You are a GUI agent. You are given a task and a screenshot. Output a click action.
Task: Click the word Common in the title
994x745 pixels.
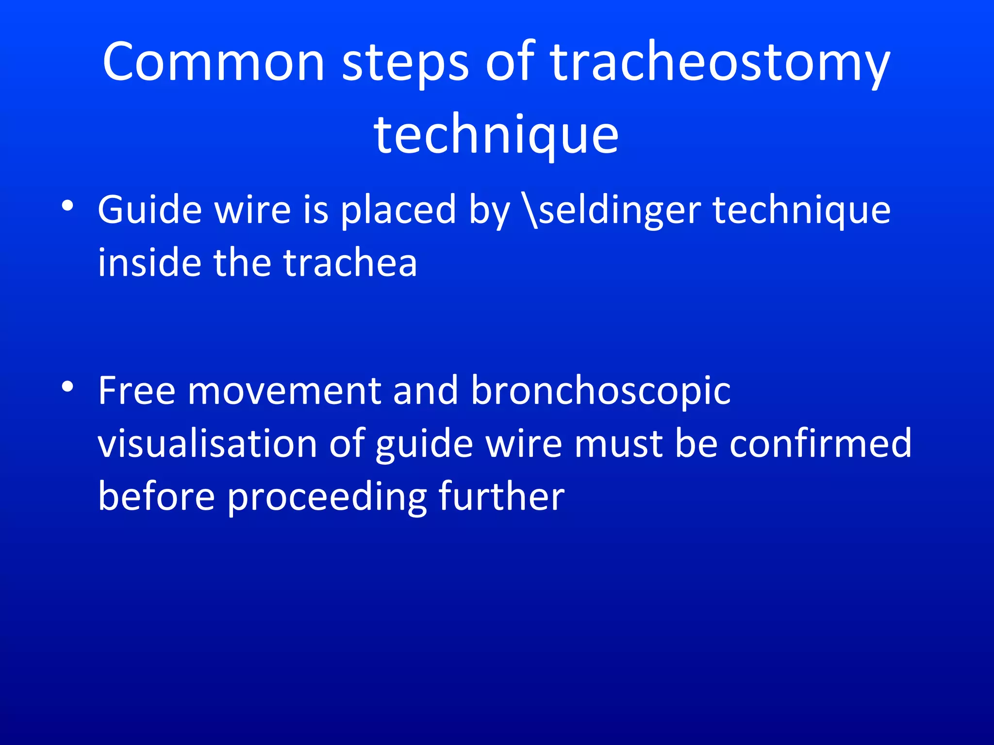pos(213,62)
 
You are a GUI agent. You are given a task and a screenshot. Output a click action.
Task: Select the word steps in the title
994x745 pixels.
pos(405,62)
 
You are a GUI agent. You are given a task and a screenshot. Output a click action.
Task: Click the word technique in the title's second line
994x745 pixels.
pos(496,134)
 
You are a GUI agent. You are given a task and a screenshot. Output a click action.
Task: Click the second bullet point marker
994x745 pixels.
pos(67,387)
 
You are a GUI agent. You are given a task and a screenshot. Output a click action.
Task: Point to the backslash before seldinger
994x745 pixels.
pos(531,211)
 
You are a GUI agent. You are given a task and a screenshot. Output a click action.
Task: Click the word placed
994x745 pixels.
pos(398,211)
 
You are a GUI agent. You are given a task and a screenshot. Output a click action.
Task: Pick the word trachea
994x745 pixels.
pos(350,263)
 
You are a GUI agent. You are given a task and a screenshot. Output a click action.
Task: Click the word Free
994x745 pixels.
pos(136,391)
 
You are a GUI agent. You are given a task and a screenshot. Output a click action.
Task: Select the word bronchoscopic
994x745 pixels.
pos(600,391)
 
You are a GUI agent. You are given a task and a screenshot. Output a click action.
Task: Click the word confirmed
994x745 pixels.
pos(820,444)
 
